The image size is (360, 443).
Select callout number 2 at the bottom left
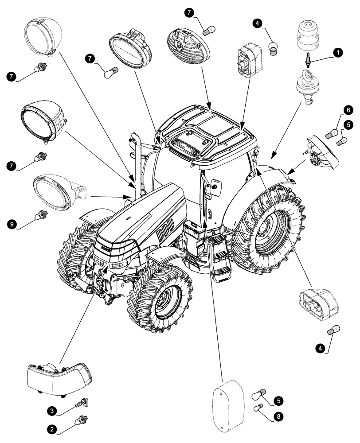(52, 429)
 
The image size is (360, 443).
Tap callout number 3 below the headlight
(52, 412)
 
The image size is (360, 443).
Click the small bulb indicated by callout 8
(258, 408)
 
